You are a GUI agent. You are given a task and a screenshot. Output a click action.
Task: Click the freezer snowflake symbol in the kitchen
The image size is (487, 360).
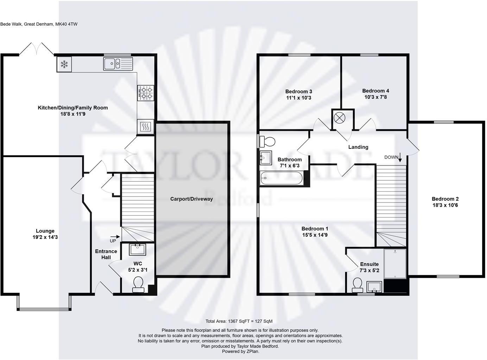pyautogui.click(x=64, y=64)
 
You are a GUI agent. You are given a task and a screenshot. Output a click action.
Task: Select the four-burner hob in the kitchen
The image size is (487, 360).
pyautogui.click(x=146, y=93)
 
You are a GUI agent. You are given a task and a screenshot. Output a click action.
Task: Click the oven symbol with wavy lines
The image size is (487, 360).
pyautogui.click(x=145, y=127)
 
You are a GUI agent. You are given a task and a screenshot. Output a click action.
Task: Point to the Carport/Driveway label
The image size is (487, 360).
pyautogui.click(x=191, y=199)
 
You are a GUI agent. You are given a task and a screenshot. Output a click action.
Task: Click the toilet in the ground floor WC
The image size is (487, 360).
pyautogui.click(x=138, y=284)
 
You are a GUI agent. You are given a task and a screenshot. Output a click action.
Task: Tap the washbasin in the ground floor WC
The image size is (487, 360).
pyautogui.click(x=137, y=250)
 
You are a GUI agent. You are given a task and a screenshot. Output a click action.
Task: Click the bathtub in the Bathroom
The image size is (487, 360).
pyautogui.click(x=282, y=178)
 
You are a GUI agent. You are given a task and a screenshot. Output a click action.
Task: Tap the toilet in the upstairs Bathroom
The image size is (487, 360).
pyautogui.click(x=267, y=142)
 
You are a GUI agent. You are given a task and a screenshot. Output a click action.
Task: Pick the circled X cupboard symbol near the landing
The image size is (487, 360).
pyautogui.click(x=339, y=118)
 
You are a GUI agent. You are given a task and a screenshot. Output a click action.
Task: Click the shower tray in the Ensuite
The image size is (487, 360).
pyautogui.click(x=395, y=264)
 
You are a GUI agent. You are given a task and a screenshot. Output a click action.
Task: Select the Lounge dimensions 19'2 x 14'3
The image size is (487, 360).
pyautogui.click(x=45, y=237)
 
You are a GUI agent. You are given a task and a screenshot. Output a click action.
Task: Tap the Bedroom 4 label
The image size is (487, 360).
pyautogui.click(x=375, y=91)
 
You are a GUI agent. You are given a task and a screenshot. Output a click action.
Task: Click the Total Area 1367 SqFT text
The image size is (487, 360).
pyautogui.click(x=239, y=321)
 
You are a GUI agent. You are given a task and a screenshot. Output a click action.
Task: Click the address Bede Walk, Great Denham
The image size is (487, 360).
pyautogui.click(x=39, y=24)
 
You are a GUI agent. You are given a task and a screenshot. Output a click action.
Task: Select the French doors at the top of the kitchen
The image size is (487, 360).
pyautogui.click(x=36, y=49)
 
